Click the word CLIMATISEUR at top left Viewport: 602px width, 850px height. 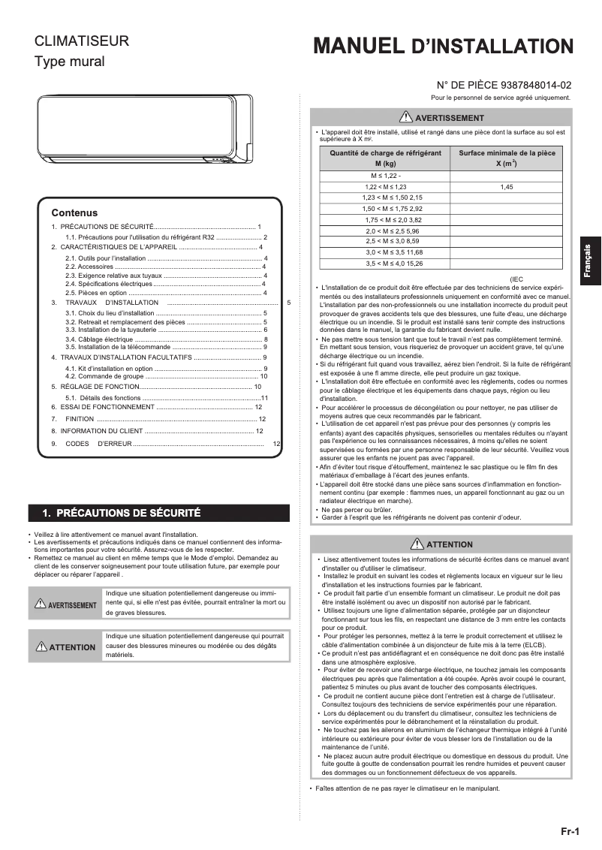(82, 41)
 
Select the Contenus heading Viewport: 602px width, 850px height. (74, 212)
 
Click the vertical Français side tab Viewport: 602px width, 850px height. (589, 263)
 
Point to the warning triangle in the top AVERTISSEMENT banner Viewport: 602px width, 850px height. (406, 117)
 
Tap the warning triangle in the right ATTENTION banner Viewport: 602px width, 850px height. (417, 544)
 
